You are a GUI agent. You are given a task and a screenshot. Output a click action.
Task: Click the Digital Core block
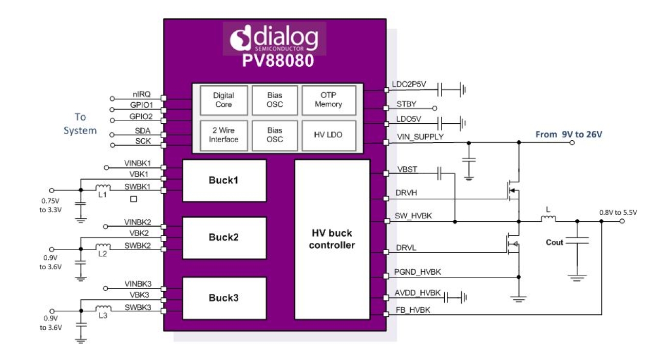(223, 100)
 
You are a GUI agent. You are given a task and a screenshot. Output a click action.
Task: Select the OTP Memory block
(328, 100)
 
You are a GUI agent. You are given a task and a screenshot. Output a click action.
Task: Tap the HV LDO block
(328, 135)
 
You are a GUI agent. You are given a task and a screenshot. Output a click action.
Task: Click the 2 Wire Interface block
(223, 135)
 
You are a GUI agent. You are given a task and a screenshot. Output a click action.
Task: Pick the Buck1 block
(224, 180)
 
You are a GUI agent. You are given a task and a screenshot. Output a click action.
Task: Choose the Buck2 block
(224, 237)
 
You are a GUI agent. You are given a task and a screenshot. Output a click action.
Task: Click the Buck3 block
(224, 297)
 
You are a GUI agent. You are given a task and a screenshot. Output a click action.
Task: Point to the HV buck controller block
(332, 239)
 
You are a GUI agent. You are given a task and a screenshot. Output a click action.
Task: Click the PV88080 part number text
(278, 61)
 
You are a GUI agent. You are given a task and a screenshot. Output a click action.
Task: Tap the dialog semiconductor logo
(274, 39)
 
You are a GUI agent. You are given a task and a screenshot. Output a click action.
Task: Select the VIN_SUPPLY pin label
(420, 137)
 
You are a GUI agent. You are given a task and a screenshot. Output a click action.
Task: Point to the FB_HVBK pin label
(413, 310)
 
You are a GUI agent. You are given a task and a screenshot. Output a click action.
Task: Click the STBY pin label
(406, 104)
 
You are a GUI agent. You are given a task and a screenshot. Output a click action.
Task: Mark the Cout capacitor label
(554, 242)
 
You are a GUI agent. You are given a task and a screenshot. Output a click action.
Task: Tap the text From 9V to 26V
(568, 134)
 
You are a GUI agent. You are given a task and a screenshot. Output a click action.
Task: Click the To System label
(80, 124)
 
